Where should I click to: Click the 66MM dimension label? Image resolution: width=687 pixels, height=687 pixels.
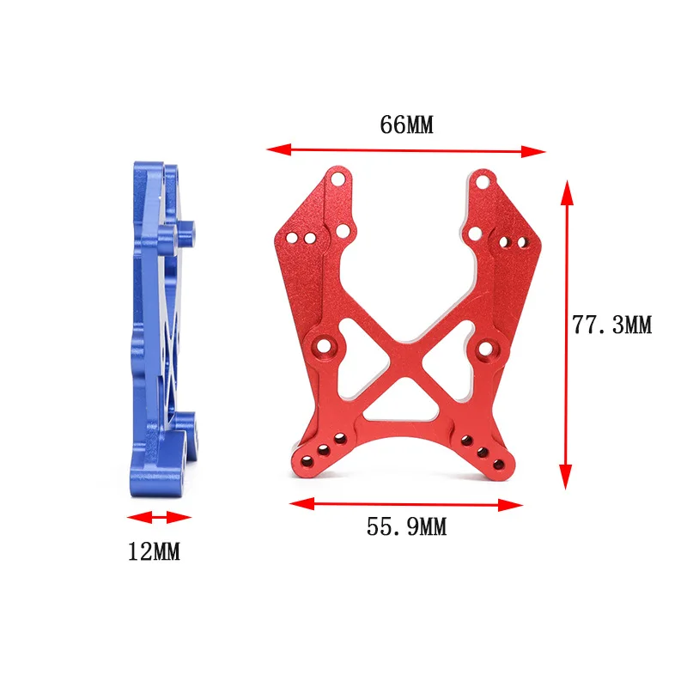click(406, 125)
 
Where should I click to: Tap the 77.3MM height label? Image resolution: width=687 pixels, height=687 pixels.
click(612, 325)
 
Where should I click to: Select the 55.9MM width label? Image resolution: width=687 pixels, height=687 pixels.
click(406, 527)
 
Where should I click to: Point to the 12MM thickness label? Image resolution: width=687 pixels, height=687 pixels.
click(154, 551)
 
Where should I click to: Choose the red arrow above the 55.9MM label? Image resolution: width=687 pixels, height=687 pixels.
click(406, 504)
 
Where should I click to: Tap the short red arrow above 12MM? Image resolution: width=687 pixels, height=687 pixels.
click(159, 517)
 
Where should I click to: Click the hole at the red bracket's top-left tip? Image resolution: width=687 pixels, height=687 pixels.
click(339, 179)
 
